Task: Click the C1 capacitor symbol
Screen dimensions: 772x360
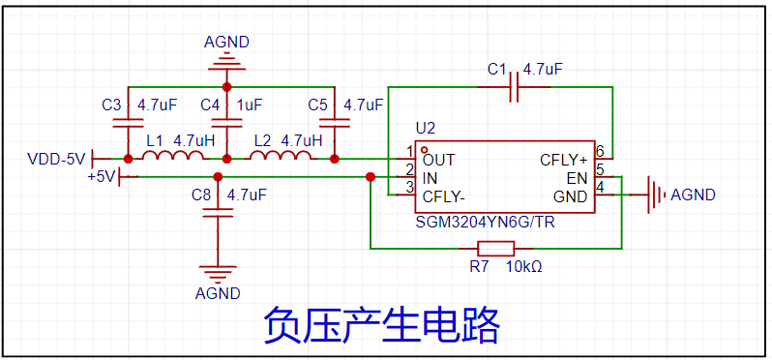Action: point(514,87)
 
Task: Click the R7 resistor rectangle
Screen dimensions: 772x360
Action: point(496,248)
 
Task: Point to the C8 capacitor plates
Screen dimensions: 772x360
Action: point(217,213)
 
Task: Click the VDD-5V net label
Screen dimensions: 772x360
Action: point(56,160)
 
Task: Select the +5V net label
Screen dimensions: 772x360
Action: point(102,175)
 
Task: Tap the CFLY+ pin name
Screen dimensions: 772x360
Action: point(564,160)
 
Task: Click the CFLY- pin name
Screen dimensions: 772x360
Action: point(444,196)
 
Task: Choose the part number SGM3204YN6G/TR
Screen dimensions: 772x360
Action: point(486,223)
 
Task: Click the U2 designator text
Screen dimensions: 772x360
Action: point(426,129)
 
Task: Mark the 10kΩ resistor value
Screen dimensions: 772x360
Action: point(525,267)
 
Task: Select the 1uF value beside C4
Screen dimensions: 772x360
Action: point(250,105)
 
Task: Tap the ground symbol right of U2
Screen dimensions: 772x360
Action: point(655,195)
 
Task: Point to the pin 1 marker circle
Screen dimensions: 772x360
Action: point(424,149)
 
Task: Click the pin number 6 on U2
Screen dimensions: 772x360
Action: point(600,150)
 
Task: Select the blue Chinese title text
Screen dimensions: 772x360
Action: point(382,325)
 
